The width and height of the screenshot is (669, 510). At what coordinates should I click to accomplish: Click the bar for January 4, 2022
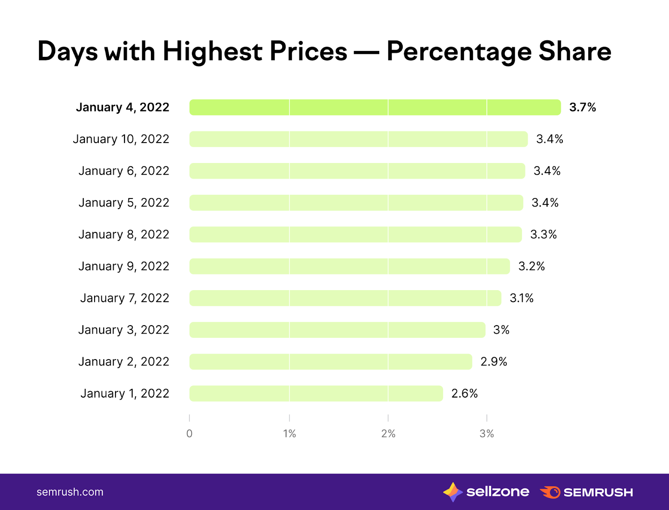pyautogui.click(x=375, y=107)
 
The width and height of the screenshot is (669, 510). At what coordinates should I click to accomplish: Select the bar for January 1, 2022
pyautogui.click(x=316, y=393)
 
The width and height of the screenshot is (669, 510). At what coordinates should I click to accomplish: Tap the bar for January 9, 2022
pyautogui.click(x=350, y=266)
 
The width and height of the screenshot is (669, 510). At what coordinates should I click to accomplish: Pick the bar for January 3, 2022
pyautogui.click(x=337, y=330)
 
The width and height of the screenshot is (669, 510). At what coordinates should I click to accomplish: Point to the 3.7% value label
pyautogui.click(x=582, y=107)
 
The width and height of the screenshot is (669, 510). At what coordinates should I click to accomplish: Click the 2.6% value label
pyautogui.click(x=464, y=393)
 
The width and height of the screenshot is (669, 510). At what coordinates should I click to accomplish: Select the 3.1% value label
pyautogui.click(x=521, y=298)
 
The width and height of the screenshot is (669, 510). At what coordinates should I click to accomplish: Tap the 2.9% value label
pyautogui.click(x=493, y=362)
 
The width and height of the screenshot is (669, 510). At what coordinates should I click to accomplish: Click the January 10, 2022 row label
pyautogui.click(x=121, y=139)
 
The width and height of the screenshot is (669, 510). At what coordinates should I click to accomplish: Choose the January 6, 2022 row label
pyautogui.click(x=124, y=171)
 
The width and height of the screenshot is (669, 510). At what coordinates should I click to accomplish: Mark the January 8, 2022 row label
pyautogui.click(x=124, y=235)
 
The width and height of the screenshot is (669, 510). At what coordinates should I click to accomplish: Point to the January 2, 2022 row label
pyautogui.click(x=124, y=362)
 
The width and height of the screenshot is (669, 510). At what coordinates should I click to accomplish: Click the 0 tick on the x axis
pyautogui.click(x=189, y=433)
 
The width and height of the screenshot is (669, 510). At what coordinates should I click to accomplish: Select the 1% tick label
pyautogui.click(x=289, y=433)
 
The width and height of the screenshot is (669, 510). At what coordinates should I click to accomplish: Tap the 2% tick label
pyautogui.click(x=388, y=433)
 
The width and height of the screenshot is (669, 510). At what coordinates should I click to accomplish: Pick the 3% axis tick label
pyautogui.click(x=487, y=433)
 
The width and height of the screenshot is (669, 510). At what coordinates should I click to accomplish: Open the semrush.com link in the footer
pyautogui.click(x=70, y=492)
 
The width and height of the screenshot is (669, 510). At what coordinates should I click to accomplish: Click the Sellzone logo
pyautogui.click(x=486, y=492)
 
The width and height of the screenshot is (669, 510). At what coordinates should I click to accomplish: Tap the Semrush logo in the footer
pyautogui.click(x=586, y=492)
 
